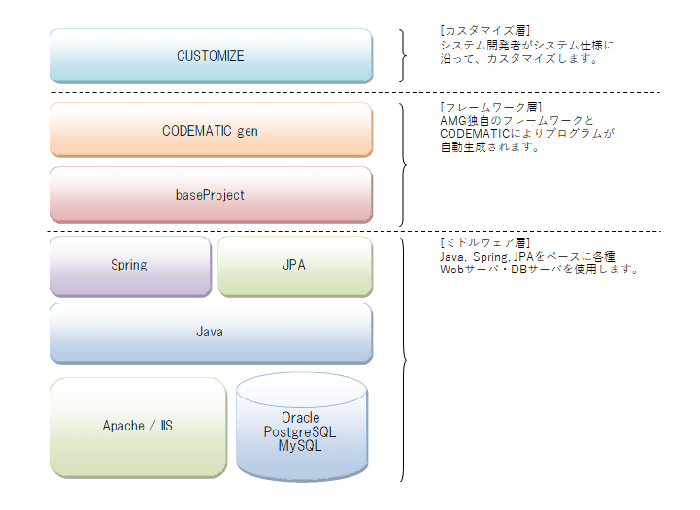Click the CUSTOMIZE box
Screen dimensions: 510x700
(211, 56)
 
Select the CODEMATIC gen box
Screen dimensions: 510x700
(211, 130)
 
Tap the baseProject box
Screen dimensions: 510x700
(211, 195)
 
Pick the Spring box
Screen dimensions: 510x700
(130, 265)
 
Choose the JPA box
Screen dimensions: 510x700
(294, 265)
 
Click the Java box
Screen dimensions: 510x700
(211, 332)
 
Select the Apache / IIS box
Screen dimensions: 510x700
(138, 427)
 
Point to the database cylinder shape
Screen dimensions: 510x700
(301, 456)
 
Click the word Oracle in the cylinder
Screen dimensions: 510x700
(300, 418)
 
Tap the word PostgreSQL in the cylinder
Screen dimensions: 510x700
(300, 432)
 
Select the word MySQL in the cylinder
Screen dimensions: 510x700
(300, 446)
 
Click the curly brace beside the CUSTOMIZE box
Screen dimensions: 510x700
(403, 56)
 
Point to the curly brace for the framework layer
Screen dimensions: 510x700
(403, 162)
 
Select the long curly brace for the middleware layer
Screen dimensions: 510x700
(403, 359)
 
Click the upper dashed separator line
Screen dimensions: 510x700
(350, 92)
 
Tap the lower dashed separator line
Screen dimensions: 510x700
(350, 231)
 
